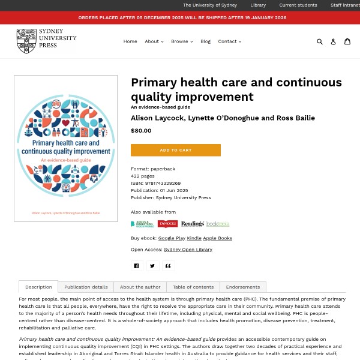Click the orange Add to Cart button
tap(176, 150)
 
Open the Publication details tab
tap(86, 287)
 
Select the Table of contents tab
tap(193, 287)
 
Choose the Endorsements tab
tap(243, 287)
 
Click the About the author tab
tap(140, 287)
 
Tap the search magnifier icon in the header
tap(320, 41)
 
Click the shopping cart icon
tap(347, 41)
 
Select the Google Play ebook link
tap(171, 238)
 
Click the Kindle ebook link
tap(194, 238)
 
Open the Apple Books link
tap(218, 238)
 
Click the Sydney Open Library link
tap(188, 250)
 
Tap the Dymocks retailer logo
tap(168, 224)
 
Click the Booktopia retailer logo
tap(218, 224)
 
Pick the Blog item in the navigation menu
tap(205, 41)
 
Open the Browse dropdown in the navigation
tap(182, 41)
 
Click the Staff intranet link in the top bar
tap(344, 5)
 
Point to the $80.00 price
tap(141, 130)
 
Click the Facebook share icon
tap(136, 266)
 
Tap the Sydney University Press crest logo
tap(26, 41)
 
